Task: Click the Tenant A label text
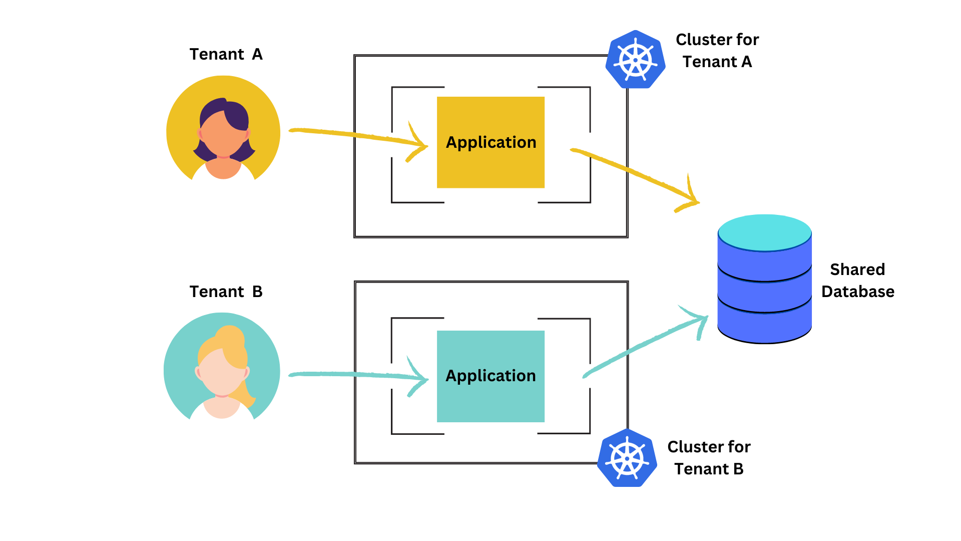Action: point(226,54)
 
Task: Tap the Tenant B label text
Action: point(226,292)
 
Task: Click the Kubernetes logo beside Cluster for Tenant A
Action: point(636,60)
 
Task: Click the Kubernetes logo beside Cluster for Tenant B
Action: point(627,458)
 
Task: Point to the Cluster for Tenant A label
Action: point(717,51)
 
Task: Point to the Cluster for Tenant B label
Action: point(709,458)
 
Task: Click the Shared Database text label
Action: point(857,280)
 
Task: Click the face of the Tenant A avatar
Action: point(223,135)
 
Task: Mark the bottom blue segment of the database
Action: point(764,326)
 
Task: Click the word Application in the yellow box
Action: point(491,142)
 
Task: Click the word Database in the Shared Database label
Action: point(857,292)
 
